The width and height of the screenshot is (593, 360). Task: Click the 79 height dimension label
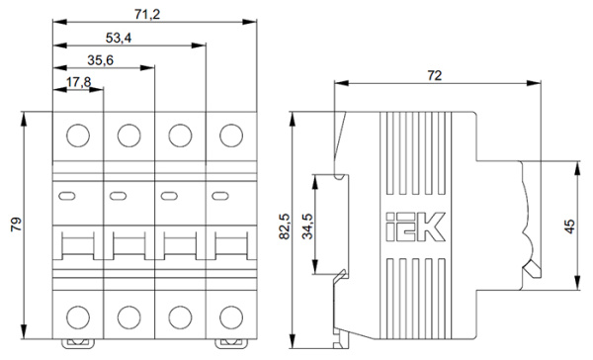pos(14,226)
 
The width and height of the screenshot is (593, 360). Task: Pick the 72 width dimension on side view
pos(433,74)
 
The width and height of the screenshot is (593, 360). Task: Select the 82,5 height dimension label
pos(285,225)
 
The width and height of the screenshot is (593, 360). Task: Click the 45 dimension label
pos(568,226)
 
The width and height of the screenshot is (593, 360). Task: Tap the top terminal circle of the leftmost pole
pos(78,134)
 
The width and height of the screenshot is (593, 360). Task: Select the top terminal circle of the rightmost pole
pos(231,134)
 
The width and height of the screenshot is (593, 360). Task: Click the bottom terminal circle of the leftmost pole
pos(78,316)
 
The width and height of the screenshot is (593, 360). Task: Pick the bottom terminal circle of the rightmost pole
pos(231,316)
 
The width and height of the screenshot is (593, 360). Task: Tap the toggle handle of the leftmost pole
pos(77,247)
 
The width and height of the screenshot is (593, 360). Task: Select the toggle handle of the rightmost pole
pos(231,247)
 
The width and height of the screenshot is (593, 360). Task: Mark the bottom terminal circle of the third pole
pos(180,316)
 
